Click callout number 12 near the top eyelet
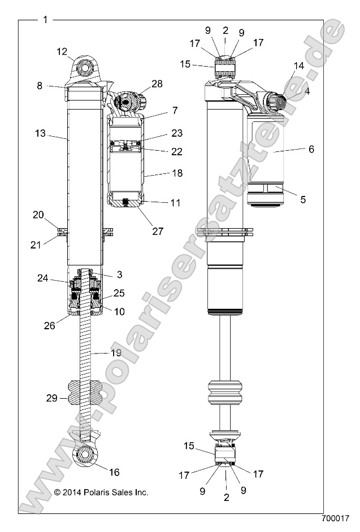(x=62, y=52)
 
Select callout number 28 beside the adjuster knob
(x=157, y=84)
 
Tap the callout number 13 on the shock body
(x=40, y=134)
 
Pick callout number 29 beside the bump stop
(x=51, y=398)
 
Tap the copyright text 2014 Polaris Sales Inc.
(x=101, y=492)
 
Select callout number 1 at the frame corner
(x=46, y=20)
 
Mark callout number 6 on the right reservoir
(x=311, y=149)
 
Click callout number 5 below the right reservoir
(x=303, y=199)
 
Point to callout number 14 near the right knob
(x=298, y=66)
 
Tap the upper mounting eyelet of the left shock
(x=86, y=68)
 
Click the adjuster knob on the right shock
(x=277, y=104)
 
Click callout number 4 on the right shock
(x=307, y=90)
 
